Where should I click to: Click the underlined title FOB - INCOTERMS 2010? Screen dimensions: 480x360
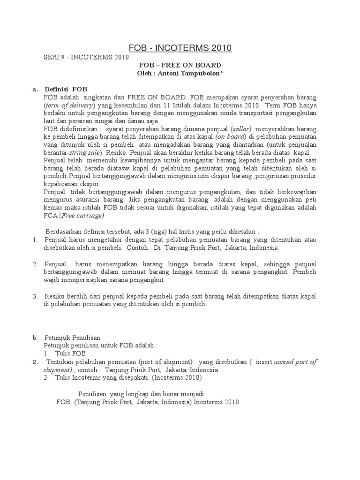pos(180,48)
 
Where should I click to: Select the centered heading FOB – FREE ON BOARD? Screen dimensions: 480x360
pos(180,65)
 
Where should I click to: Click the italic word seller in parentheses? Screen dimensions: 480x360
pos(241,128)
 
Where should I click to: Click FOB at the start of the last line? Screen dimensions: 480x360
pos(63,402)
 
